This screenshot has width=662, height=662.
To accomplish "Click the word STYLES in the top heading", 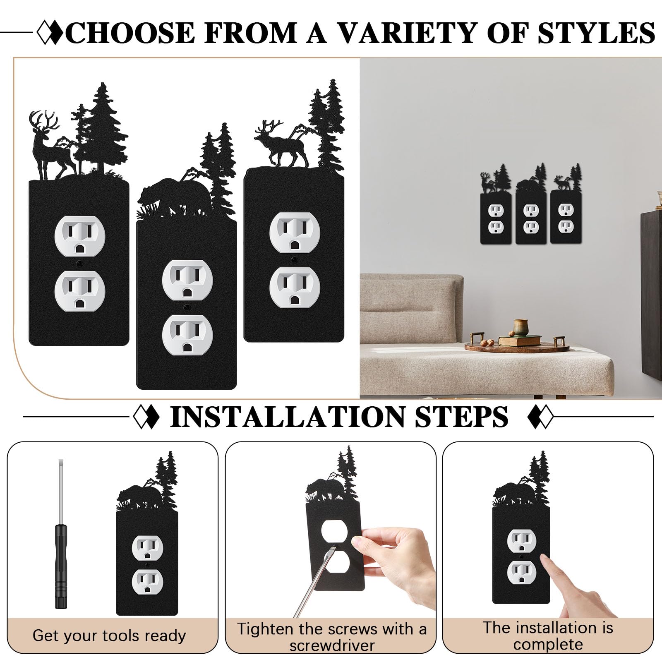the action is coord(596,33).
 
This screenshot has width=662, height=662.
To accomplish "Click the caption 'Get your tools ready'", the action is coord(109,636).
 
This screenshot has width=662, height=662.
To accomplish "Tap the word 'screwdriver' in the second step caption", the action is coord(332,646).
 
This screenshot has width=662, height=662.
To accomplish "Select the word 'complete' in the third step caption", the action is coord(548,645).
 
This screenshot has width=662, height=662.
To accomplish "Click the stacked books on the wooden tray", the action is coord(519,341).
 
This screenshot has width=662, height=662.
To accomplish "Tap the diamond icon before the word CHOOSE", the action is coord(50,33).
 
